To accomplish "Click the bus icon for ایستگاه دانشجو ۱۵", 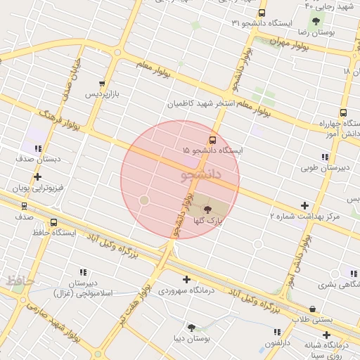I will pos(213,139).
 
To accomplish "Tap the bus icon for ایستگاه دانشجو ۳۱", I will pos(262,13).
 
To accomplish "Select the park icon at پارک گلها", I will pos(207,209).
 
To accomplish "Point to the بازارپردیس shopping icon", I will pos(103,83).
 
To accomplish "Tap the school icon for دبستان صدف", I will pos(37,148).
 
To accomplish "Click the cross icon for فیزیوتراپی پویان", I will pos(37,177).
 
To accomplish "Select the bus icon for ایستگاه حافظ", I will pos(54,222).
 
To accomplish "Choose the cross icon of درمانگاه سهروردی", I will pos(186,279).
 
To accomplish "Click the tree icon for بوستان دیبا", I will pos(191,327).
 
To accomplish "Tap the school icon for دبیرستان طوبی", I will pos(324,157).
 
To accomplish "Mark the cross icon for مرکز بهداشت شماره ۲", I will pos(304,205).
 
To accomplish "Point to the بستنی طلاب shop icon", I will pos(312,309).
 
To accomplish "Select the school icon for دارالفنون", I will pos(277,331).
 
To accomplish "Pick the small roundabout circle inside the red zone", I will pos(144,200).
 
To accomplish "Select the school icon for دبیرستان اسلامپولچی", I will pos(84,271).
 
